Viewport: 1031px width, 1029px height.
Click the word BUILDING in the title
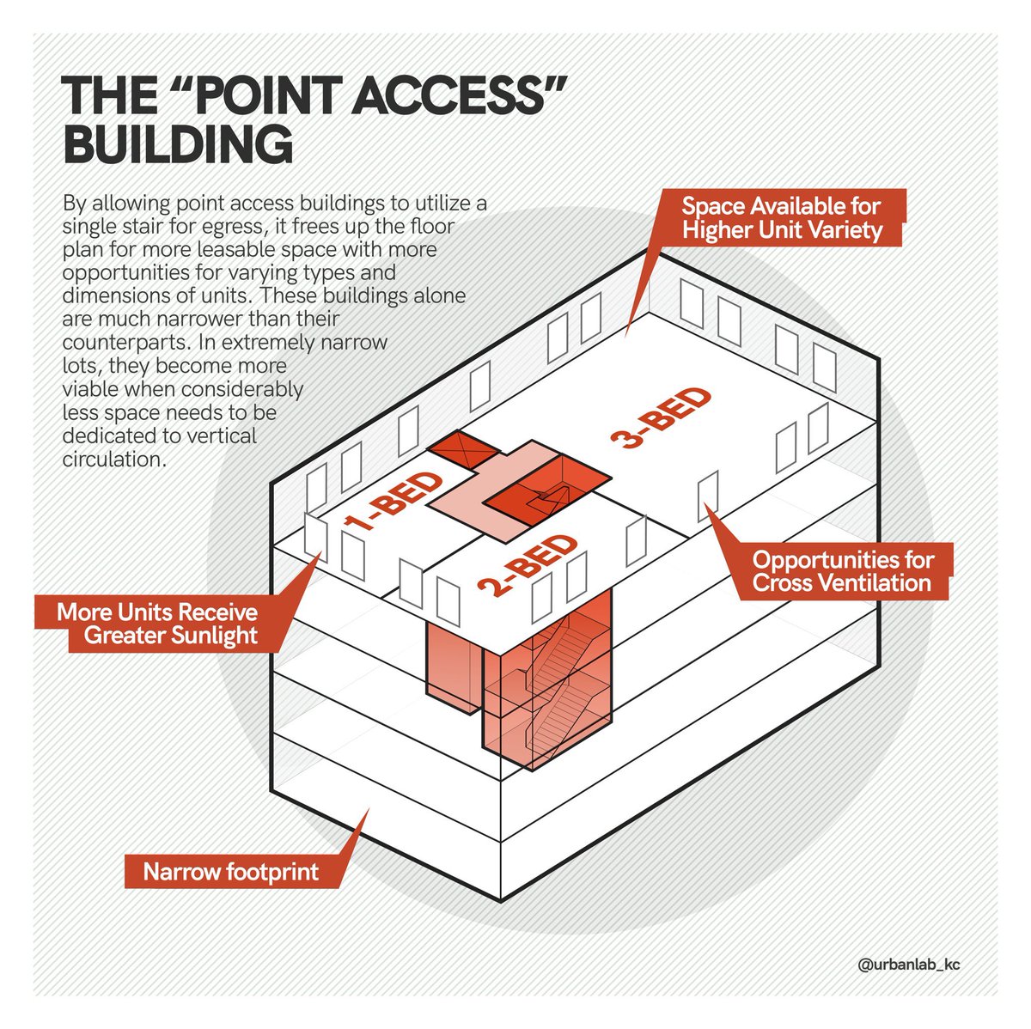[x=178, y=144]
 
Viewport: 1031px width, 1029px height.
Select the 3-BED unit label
[x=661, y=418]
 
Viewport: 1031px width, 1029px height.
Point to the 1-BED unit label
[x=393, y=500]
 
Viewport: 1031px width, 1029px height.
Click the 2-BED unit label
[x=528, y=564]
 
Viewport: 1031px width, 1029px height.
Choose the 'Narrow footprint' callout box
[x=232, y=871]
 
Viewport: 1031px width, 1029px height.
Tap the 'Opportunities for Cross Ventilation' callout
[x=843, y=571]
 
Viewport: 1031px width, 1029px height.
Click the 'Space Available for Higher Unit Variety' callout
[x=782, y=218]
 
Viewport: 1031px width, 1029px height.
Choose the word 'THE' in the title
[x=109, y=95]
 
